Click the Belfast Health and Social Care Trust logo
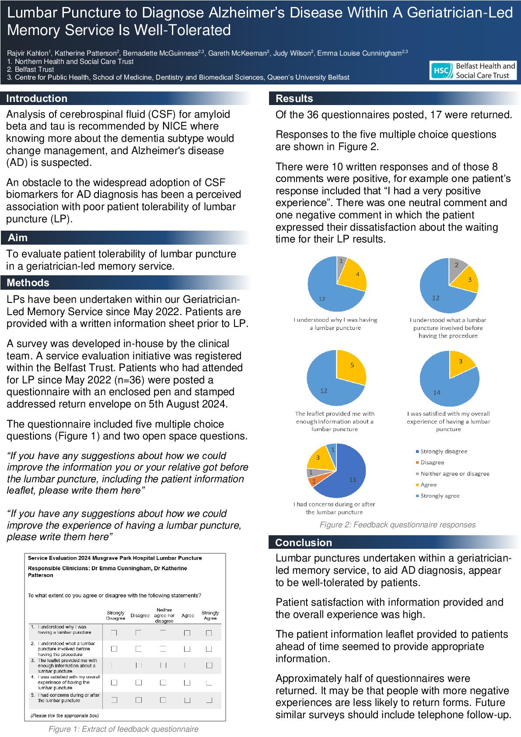(473, 70)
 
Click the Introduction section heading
(37, 98)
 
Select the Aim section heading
(17, 238)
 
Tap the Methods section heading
(28, 283)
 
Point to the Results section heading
(294, 98)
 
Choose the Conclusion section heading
(304, 543)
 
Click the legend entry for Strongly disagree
(444, 451)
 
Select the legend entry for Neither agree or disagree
(455, 474)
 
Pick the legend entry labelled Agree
(428, 484)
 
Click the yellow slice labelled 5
(351, 367)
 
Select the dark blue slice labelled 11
(348, 477)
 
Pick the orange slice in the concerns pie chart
(313, 481)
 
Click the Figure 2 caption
(397, 525)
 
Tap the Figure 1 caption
(123, 729)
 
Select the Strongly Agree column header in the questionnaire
(210, 615)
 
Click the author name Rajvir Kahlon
(28, 53)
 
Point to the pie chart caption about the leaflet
(335, 421)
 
